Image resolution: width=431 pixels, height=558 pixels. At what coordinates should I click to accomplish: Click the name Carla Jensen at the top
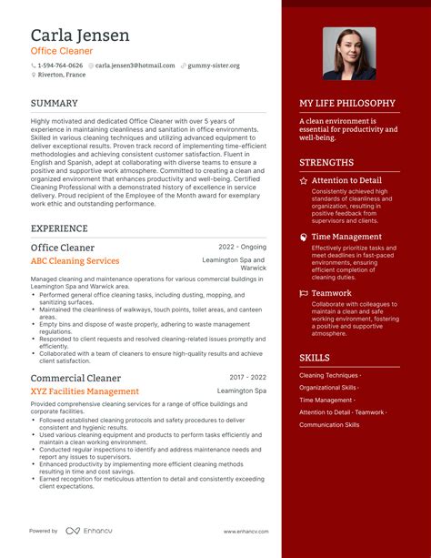click(x=80, y=36)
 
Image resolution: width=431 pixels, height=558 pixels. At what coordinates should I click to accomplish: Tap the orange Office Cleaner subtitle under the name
click(x=64, y=51)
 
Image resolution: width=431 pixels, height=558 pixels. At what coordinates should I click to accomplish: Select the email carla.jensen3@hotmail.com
click(x=135, y=66)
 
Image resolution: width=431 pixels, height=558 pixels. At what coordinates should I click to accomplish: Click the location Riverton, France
click(x=62, y=75)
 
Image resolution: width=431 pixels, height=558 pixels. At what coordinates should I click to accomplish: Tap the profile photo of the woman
click(x=349, y=53)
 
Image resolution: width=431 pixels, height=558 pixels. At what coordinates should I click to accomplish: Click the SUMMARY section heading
click(x=54, y=103)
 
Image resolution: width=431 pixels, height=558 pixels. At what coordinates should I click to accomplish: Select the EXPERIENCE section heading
click(x=59, y=228)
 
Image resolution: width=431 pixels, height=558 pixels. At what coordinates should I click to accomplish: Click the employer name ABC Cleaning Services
click(x=75, y=261)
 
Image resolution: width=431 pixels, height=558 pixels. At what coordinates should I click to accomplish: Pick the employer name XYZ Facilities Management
click(x=85, y=391)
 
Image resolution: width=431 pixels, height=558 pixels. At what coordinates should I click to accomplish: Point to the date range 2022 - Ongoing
click(x=242, y=247)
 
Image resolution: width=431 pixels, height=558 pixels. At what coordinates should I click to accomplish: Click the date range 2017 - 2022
click(x=247, y=377)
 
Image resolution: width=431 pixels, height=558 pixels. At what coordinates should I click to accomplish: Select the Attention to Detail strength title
click(x=346, y=180)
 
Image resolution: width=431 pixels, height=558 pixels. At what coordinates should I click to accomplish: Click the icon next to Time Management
click(x=304, y=237)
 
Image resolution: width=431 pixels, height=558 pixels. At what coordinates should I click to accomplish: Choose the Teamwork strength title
click(x=331, y=293)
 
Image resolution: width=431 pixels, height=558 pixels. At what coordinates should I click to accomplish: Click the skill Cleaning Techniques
click(x=328, y=375)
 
